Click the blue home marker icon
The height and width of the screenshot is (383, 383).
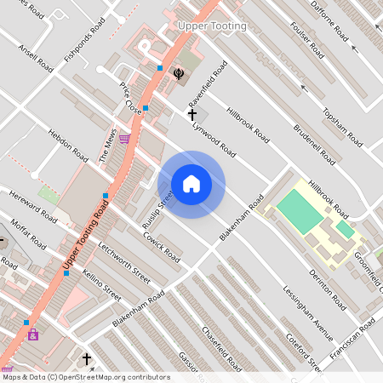click(191, 184)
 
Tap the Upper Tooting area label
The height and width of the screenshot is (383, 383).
click(212, 26)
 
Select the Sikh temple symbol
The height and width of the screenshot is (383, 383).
click(179, 73)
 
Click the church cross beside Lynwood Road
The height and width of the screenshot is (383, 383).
click(192, 113)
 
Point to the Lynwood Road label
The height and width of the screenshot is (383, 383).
click(214, 137)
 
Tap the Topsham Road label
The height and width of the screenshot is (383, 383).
click(339, 124)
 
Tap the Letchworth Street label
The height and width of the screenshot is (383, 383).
click(124, 264)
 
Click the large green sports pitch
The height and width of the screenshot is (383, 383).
click(300, 209)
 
